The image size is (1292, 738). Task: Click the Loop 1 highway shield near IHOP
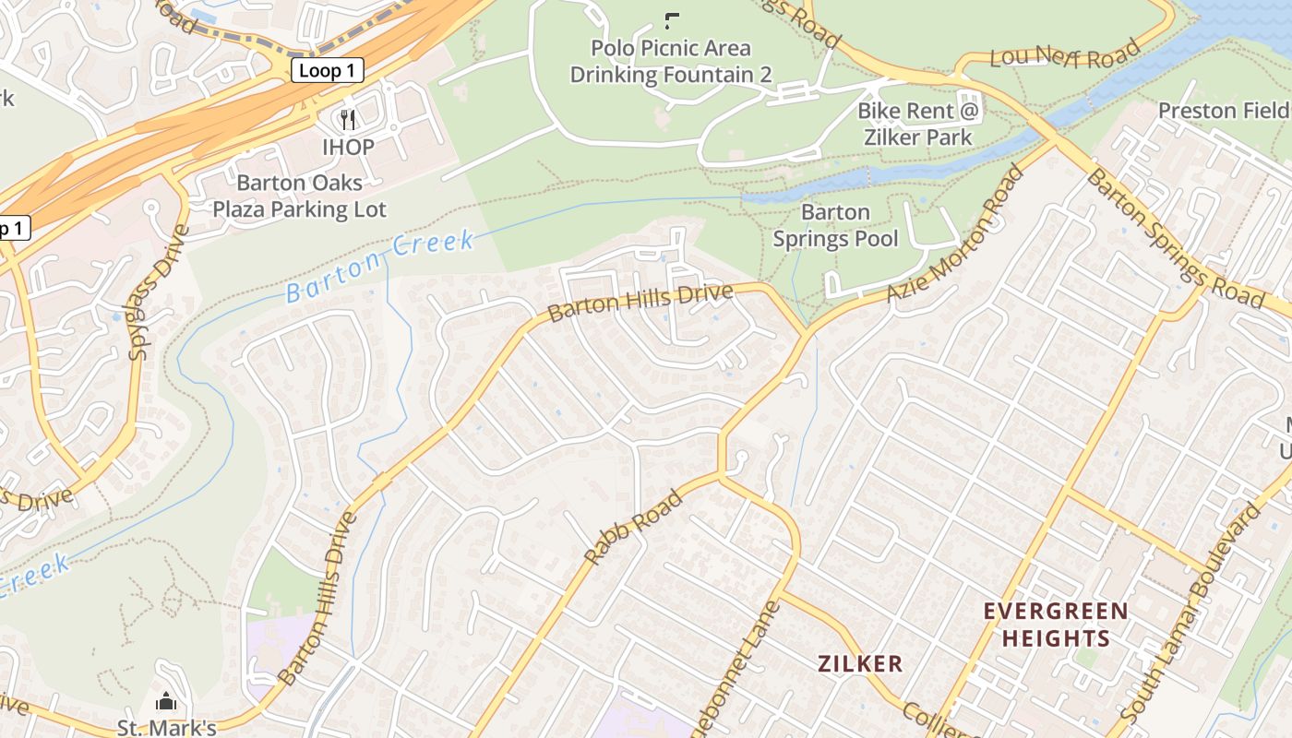tap(327, 70)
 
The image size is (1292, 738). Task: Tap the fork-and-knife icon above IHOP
tap(348, 120)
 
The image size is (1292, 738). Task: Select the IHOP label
tap(348, 148)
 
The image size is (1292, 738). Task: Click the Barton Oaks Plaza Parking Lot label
tap(299, 196)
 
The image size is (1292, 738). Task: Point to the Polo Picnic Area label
tap(671, 48)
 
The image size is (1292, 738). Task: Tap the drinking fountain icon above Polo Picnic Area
tap(671, 19)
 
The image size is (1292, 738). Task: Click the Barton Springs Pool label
tap(835, 226)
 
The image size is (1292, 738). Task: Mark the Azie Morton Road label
tap(957, 234)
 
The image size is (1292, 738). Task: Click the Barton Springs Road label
tap(1173, 239)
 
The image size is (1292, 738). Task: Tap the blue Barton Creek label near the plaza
tap(379, 266)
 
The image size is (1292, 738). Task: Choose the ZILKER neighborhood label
tap(860, 663)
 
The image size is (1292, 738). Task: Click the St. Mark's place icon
tap(166, 702)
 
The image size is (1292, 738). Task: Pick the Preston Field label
tap(1223, 111)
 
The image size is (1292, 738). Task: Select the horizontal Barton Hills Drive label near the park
tap(640, 303)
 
